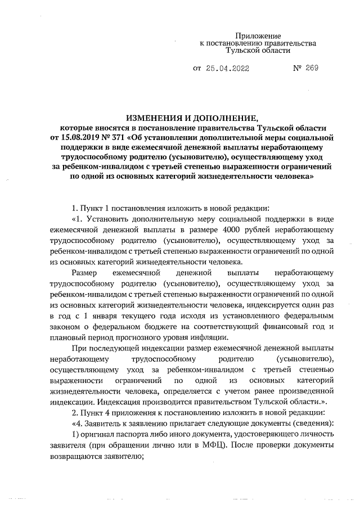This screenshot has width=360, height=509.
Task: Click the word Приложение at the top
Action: click(258, 35)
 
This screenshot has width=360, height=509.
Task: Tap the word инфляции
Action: click(210, 337)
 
